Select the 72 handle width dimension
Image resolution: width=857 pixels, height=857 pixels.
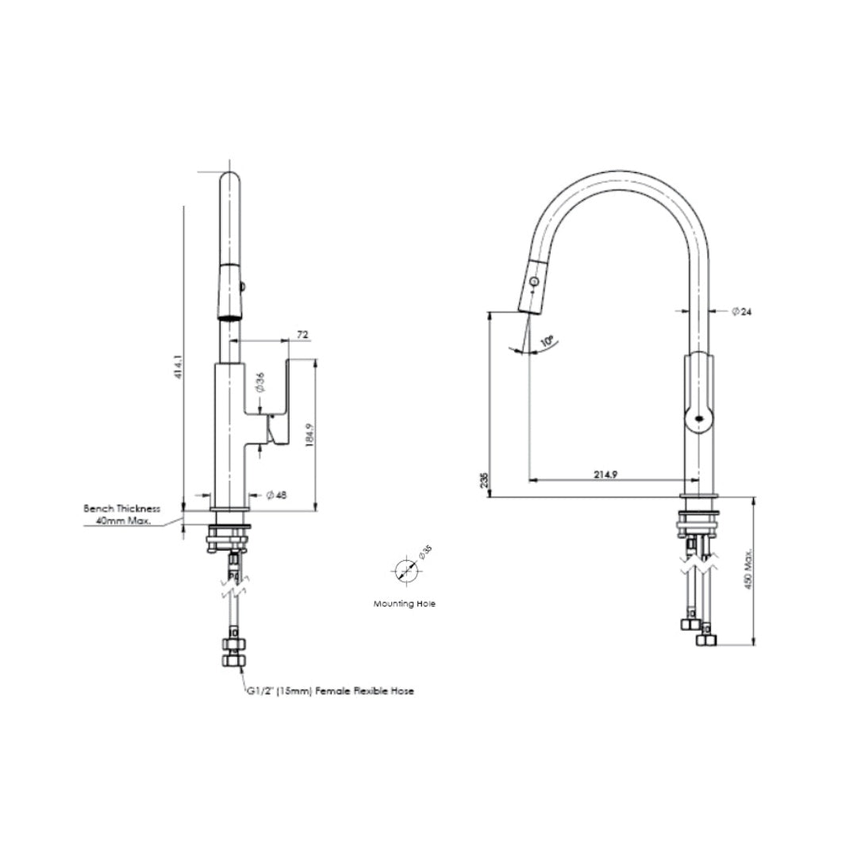pyautogui.click(x=302, y=335)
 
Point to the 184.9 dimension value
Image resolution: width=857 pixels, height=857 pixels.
pyautogui.click(x=311, y=434)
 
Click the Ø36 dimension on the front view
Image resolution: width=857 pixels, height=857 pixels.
pyautogui.click(x=259, y=384)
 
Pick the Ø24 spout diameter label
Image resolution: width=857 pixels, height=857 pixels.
pyautogui.click(x=741, y=312)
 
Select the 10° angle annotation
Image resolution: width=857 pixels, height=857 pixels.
pyautogui.click(x=546, y=341)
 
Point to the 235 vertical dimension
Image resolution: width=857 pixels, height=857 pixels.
pyautogui.click(x=484, y=479)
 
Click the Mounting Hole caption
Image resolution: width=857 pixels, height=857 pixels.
pyautogui.click(x=405, y=604)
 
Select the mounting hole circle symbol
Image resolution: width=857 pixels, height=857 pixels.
pyautogui.click(x=404, y=570)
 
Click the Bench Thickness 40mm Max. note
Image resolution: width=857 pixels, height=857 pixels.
pyautogui.click(x=122, y=514)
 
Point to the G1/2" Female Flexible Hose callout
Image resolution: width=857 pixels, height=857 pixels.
pyautogui.click(x=330, y=691)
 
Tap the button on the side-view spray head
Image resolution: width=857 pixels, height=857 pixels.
pyautogui.click(x=535, y=282)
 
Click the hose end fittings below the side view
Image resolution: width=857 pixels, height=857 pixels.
pyautogui.click(x=698, y=632)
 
